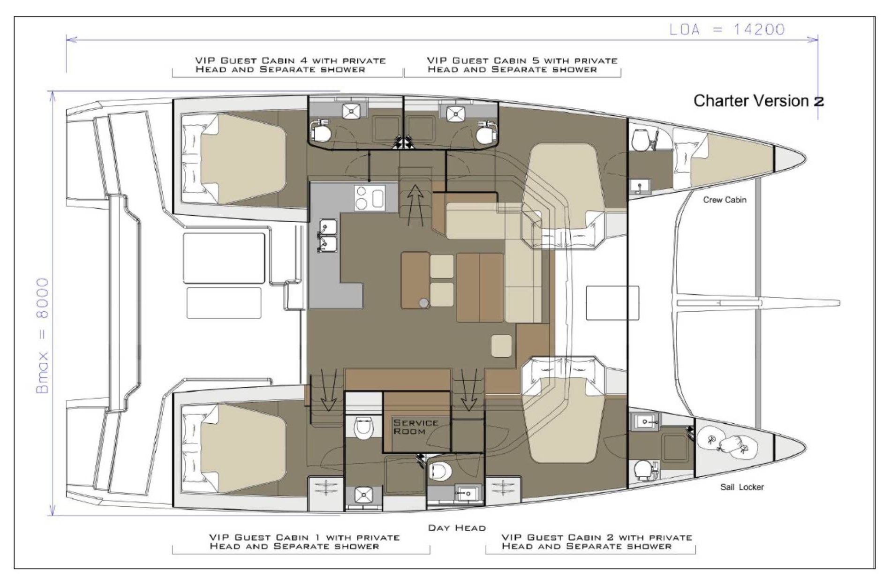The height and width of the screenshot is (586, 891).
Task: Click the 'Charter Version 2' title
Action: [758, 101]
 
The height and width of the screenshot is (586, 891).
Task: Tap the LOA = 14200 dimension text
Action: [727, 30]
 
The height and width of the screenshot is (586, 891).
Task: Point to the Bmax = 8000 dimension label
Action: [42, 336]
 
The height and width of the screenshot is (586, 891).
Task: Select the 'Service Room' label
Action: [416, 427]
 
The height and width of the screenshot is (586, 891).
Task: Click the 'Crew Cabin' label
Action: [725, 200]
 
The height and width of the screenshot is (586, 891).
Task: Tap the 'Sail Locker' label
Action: [742, 487]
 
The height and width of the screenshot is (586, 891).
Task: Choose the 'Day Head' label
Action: [457, 528]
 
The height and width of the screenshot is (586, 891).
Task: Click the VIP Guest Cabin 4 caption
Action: [290, 65]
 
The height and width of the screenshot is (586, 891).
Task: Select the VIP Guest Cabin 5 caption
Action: [522, 65]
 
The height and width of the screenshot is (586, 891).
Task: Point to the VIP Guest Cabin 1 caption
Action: [304, 542]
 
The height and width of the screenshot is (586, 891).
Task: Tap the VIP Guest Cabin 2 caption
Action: [597, 542]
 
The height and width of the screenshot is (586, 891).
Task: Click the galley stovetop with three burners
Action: [370, 197]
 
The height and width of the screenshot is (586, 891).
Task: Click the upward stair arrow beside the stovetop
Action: [415, 205]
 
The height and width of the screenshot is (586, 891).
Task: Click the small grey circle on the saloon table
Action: [424, 303]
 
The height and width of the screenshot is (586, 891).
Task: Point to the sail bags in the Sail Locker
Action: [727, 444]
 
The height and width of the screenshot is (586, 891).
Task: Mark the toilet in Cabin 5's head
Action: [484, 133]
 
